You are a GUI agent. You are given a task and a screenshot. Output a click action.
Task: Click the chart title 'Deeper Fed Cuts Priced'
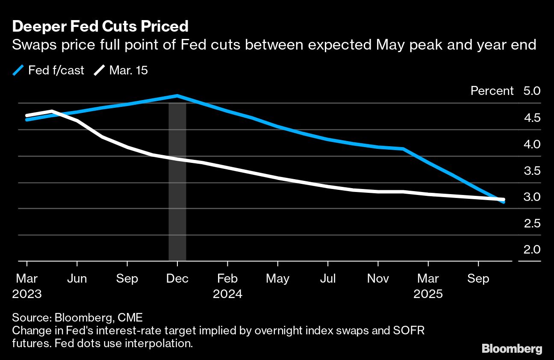pyautogui.click(x=100, y=27)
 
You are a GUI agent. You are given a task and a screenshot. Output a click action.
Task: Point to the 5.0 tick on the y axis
pyautogui.click(x=531, y=91)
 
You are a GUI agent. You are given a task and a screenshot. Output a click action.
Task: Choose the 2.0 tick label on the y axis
pyautogui.click(x=531, y=250)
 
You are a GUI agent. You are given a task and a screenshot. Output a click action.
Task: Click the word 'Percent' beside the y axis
pyautogui.click(x=492, y=91)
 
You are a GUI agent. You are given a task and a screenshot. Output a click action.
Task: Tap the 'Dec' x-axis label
pyautogui.click(x=177, y=279)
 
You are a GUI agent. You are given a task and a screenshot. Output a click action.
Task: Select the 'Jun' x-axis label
pyautogui.click(x=77, y=279)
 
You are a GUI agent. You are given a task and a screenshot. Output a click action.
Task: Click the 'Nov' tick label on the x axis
pyautogui.click(x=378, y=279)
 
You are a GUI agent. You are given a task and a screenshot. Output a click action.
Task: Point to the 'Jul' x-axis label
pyautogui.click(x=328, y=279)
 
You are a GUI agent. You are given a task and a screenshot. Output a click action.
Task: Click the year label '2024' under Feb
pyautogui.click(x=227, y=294)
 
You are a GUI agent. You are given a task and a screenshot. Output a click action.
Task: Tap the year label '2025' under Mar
pyautogui.click(x=428, y=294)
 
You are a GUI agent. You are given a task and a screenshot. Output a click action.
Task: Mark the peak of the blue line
pyautogui.click(x=177, y=96)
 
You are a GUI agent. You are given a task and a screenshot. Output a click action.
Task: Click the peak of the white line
pyautogui.click(x=52, y=111)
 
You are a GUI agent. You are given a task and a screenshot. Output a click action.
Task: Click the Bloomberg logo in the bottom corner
pyautogui.click(x=512, y=348)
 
